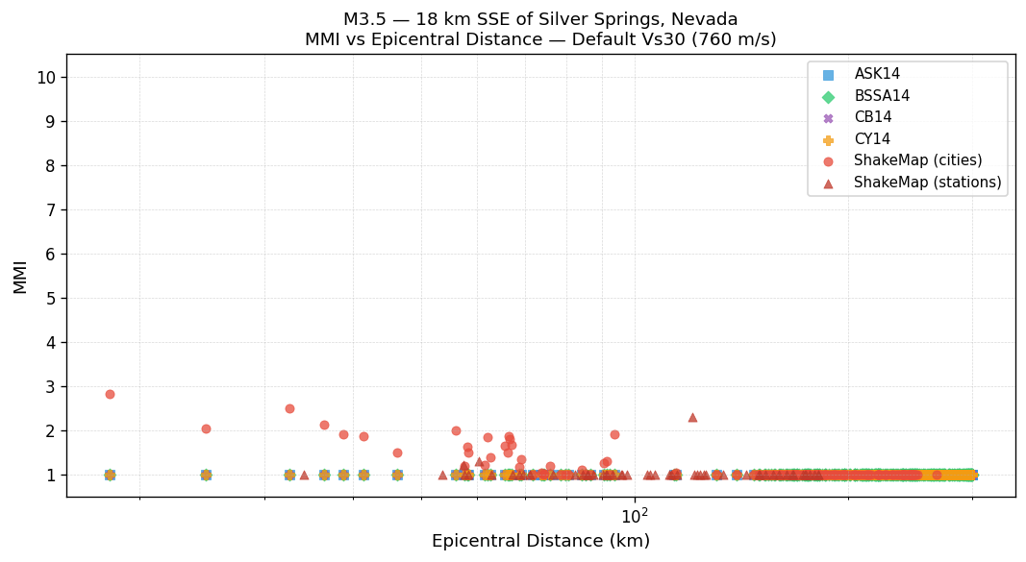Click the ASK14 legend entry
tap(877, 74)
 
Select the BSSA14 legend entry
tap(881, 96)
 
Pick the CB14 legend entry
tap(872, 117)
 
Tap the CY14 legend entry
tap(872, 139)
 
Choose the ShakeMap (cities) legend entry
tap(917, 160)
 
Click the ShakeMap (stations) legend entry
tap(927, 183)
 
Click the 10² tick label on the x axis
tap(634, 516)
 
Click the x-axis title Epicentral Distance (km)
tap(540, 541)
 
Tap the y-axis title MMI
tap(20, 276)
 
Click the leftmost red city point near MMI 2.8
tap(110, 394)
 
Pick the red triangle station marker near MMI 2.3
tap(692, 417)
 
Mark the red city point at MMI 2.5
tap(289, 408)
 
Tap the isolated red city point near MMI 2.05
tap(206, 428)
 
